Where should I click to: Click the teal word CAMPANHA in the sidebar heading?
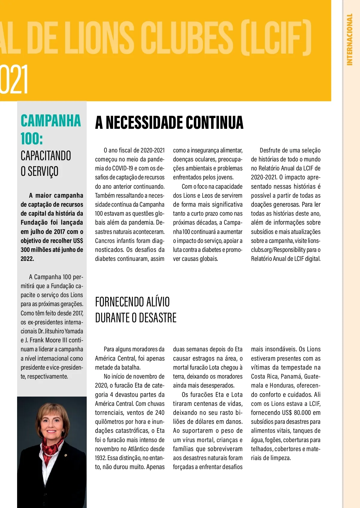(51, 121)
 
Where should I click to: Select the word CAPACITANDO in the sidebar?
(46, 156)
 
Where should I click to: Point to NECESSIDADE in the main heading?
(145, 123)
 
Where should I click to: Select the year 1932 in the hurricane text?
(100, 458)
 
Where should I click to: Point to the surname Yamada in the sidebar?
(74, 331)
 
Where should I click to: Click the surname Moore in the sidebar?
(54, 340)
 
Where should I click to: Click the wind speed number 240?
(160, 413)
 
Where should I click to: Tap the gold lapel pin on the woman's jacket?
(66, 456)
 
